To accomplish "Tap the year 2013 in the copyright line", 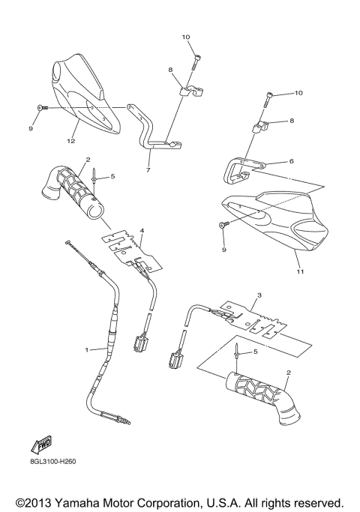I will click(x=40, y=502).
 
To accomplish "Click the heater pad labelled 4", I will click(x=135, y=248).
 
